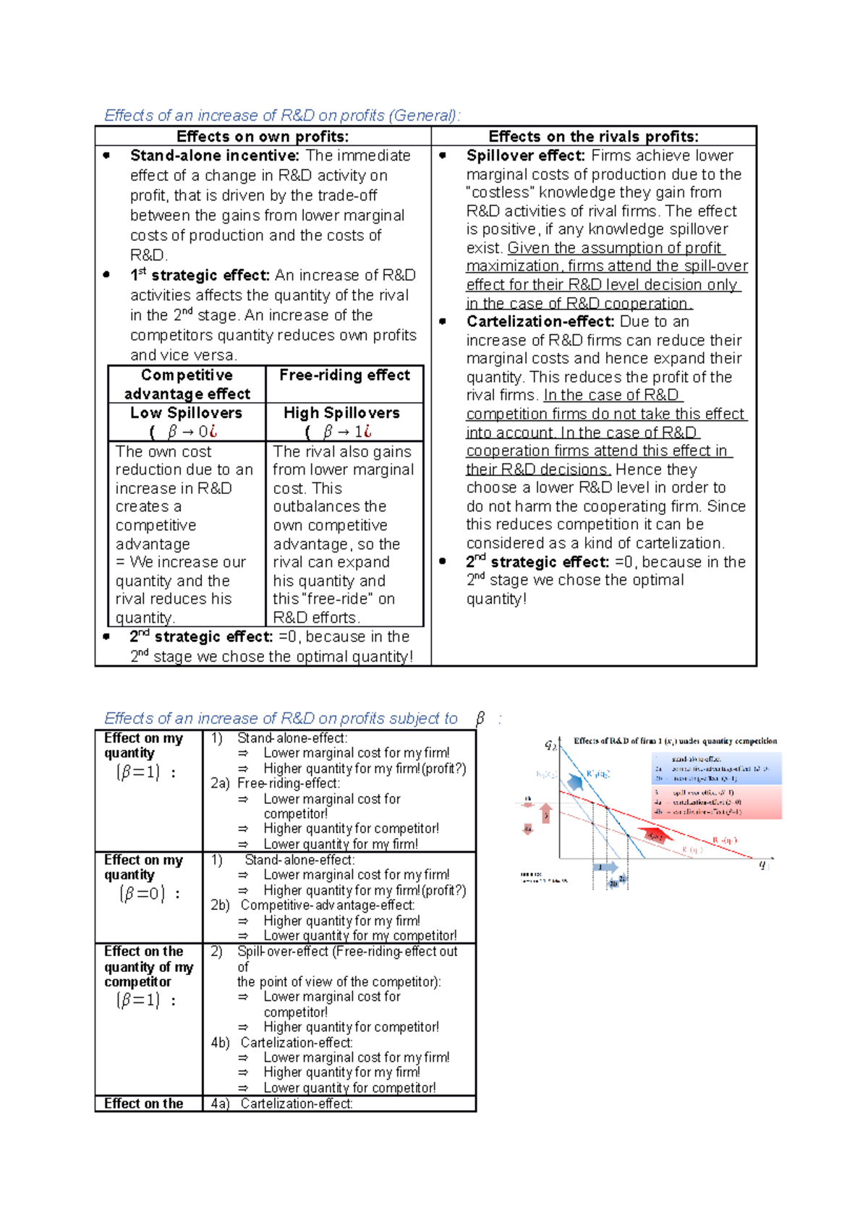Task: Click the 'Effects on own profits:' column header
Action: tap(263, 137)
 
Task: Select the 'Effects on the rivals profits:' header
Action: tap(593, 137)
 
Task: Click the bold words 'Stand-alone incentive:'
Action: tap(214, 155)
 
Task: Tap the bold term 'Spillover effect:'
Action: tap(525, 155)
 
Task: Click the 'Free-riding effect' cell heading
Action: tap(344, 375)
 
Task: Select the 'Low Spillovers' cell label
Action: tap(186, 413)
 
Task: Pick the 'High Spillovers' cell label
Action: tap(341, 413)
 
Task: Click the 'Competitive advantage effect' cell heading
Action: tap(187, 385)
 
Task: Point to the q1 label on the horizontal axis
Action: tap(762, 864)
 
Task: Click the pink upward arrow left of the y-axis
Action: tap(546, 814)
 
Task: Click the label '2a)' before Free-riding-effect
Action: tap(220, 783)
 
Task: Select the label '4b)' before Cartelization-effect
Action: tap(220, 1042)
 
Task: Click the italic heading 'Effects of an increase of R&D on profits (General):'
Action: tap(281, 116)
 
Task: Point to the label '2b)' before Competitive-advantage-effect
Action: tap(220, 905)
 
